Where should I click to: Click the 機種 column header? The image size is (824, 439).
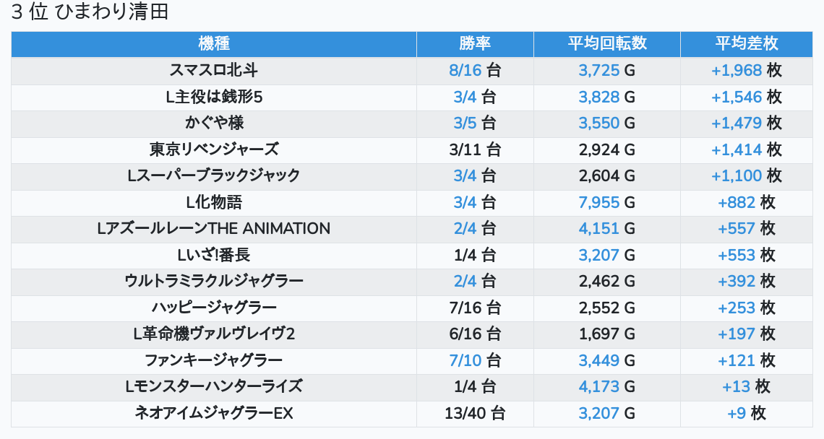(213, 43)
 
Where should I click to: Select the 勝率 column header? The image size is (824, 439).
(475, 43)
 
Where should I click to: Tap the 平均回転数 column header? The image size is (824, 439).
(606, 43)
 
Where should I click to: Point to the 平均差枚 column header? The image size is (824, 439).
(747, 43)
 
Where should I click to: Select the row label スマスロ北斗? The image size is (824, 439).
(213, 70)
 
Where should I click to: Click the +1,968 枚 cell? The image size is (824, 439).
(747, 70)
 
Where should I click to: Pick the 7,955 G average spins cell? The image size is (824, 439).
(606, 202)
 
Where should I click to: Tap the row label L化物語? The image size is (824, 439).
(213, 202)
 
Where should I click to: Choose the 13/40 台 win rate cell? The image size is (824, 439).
(475, 413)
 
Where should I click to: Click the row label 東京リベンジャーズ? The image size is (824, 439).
(213, 149)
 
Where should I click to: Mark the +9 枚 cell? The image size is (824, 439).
(747, 413)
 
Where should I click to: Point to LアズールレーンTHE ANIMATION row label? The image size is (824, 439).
(213, 229)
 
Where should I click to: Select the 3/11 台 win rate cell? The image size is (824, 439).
(475, 149)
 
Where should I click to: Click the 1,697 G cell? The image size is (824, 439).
(606, 334)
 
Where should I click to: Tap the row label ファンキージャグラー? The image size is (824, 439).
(213, 360)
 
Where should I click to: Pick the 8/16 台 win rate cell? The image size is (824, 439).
(475, 70)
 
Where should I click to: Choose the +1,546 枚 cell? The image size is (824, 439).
(747, 97)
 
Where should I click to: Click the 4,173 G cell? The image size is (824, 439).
(606, 386)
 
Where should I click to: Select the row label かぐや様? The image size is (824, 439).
(213, 123)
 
